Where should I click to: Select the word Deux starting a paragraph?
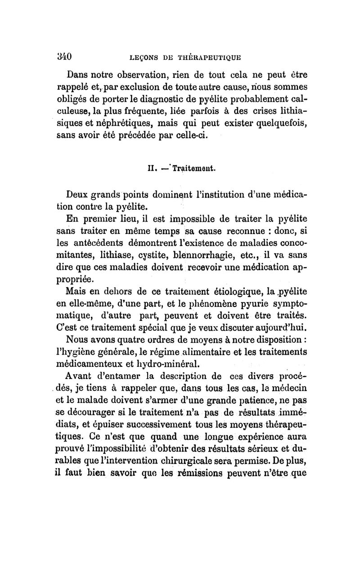coord(79,196)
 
